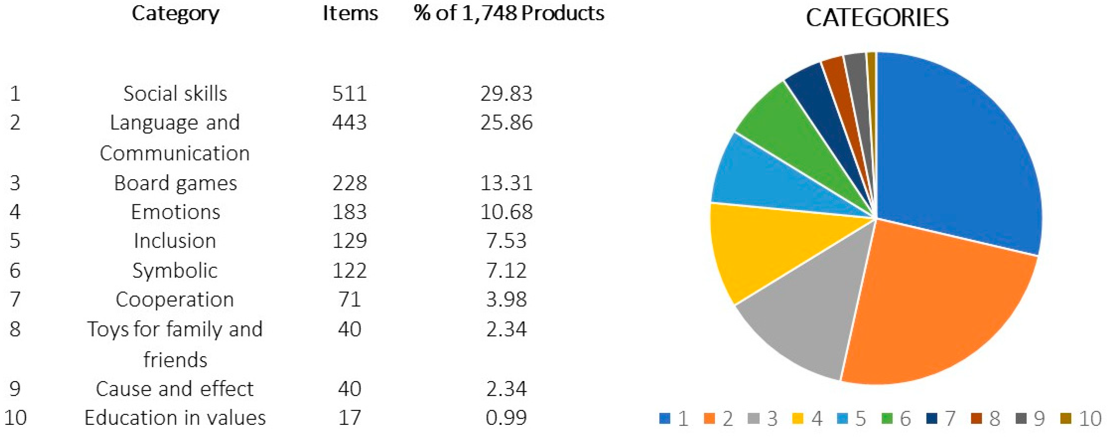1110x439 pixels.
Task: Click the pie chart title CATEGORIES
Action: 877,18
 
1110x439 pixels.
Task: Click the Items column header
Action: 350,14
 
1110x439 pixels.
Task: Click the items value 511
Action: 349,94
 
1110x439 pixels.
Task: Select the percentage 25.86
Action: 506,122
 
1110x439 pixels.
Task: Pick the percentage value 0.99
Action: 506,418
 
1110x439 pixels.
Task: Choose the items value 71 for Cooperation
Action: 349,299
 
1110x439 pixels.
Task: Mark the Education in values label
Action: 175,418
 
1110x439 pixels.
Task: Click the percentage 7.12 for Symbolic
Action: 506,270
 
